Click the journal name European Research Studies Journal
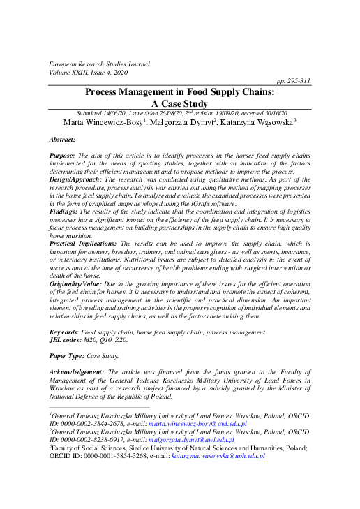pos(99,64)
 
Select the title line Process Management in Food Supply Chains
pos(180,91)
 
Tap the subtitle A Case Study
pos(179,103)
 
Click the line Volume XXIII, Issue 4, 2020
pos(89,72)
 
